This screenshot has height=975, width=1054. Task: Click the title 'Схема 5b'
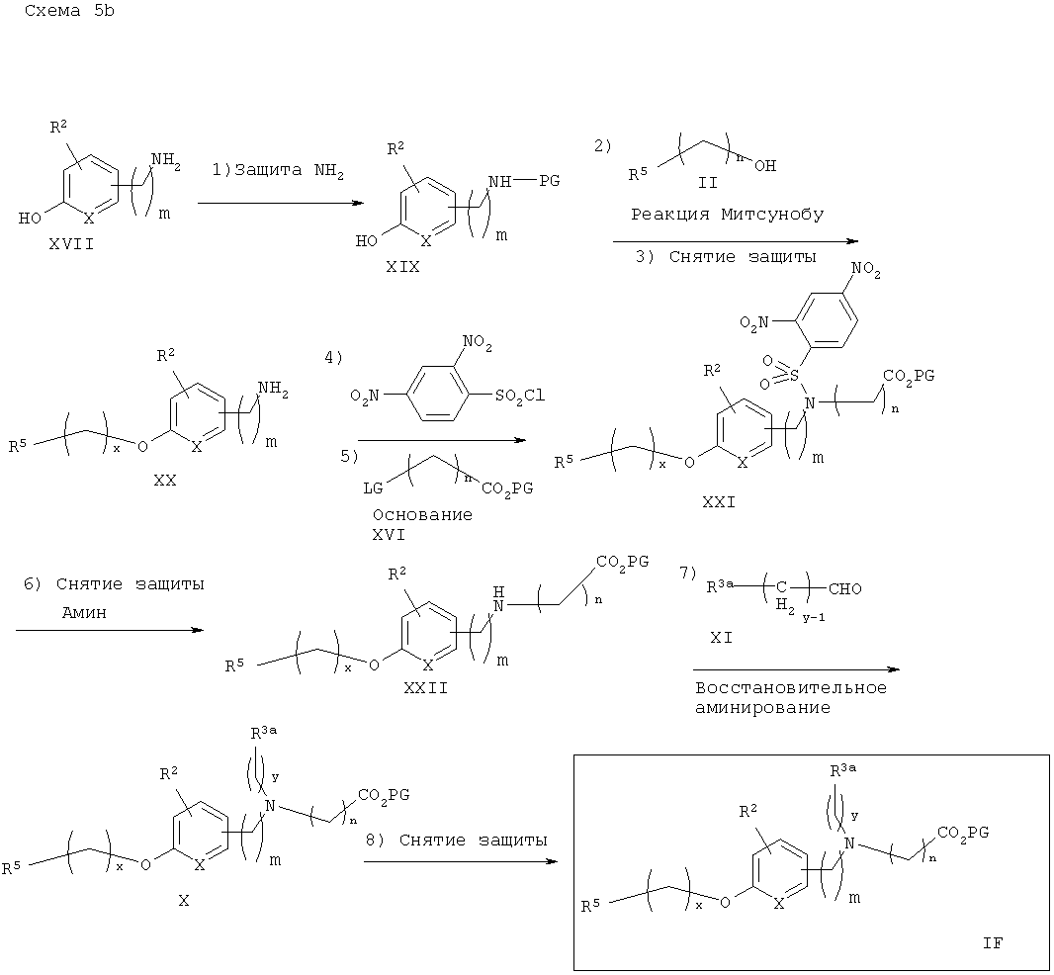[69, 11]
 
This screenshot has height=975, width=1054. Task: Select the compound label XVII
[71, 244]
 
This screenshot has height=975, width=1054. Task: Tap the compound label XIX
[402, 267]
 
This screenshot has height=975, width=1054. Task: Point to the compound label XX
[165, 481]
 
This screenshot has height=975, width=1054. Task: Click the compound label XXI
[719, 502]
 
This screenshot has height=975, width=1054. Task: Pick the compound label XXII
[425, 688]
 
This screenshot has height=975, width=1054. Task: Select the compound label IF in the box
[992, 943]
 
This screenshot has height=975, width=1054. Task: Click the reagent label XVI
[390, 535]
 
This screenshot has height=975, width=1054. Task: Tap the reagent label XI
[721, 637]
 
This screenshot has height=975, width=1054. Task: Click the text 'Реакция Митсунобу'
[728, 215]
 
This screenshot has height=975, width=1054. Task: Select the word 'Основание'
[423, 515]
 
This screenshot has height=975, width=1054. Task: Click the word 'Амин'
[84, 612]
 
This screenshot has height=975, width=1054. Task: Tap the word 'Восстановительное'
[791, 688]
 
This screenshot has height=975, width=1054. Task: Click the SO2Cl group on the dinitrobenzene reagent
[520, 397]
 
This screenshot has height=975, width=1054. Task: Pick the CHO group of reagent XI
[845, 589]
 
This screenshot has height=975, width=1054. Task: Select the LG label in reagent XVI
[373, 488]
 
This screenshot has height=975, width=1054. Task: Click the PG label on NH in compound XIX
[549, 181]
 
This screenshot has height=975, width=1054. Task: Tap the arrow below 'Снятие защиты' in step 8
[461, 861]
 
